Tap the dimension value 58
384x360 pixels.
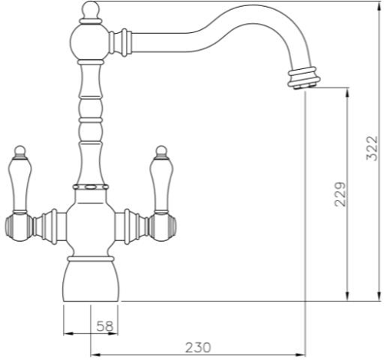[105, 326]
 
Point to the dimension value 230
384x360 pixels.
[197, 347]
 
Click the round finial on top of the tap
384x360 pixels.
[89, 11]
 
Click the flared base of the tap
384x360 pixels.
[90, 279]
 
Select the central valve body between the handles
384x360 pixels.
[90, 226]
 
